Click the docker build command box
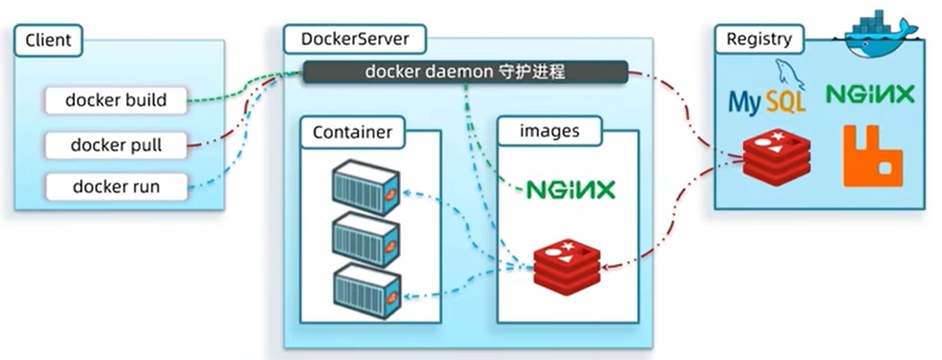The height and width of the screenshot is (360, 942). pyautogui.click(x=116, y=100)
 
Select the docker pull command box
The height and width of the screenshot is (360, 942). pyautogui.click(x=116, y=145)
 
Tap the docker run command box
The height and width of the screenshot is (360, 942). pyautogui.click(x=116, y=186)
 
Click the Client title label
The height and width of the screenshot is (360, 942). pyautogui.click(x=48, y=40)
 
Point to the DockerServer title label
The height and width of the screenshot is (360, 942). pyautogui.click(x=355, y=39)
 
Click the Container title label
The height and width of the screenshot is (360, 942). pyautogui.click(x=352, y=132)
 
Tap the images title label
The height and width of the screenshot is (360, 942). pyautogui.click(x=549, y=131)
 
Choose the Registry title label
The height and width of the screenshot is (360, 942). pyautogui.click(x=759, y=40)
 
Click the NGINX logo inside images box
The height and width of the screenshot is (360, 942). pyautogui.click(x=570, y=190)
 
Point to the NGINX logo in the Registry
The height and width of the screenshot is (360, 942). pyautogui.click(x=870, y=94)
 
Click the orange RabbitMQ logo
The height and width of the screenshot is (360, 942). pyautogui.click(x=872, y=155)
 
